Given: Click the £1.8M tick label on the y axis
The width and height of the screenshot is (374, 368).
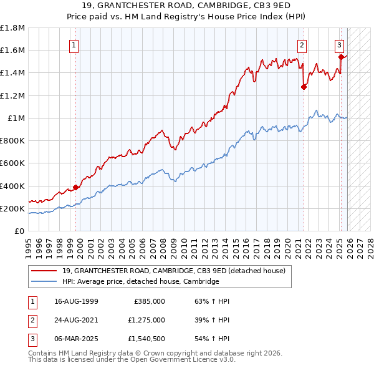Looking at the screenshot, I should tap(12, 28).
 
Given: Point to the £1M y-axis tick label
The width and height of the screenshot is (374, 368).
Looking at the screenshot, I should tap(16, 118).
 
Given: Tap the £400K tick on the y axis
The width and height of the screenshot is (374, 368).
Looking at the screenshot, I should tap(12, 186).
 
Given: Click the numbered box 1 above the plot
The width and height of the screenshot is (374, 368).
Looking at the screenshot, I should tap(74, 45).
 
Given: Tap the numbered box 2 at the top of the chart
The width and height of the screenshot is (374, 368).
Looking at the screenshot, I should tap(302, 45).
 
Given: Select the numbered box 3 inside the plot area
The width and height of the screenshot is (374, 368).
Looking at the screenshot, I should tap(339, 45).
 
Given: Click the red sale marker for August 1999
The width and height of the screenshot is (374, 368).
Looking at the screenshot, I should tap(76, 187).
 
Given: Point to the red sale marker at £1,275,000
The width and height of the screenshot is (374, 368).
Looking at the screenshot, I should tap(304, 87).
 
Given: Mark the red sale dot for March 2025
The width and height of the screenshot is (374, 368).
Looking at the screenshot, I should tap(341, 57).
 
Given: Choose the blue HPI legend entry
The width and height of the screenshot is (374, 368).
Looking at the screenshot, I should tap(140, 281).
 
